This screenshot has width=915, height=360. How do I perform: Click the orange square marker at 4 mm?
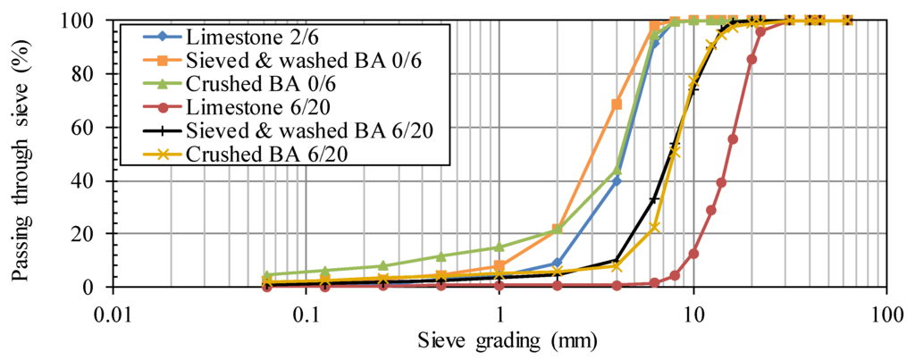pos(616,105)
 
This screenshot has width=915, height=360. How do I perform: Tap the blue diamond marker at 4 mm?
pos(616,180)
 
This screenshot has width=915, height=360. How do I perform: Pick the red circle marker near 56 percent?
pos(733,138)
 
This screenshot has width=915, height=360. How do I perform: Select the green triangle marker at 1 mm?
pos(499,247)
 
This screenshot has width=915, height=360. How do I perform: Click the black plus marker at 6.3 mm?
pos(654,200)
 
